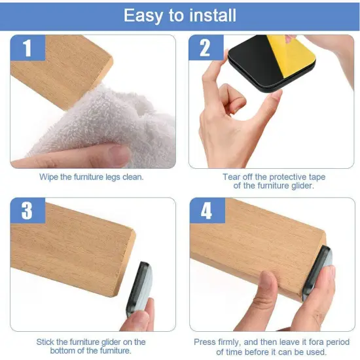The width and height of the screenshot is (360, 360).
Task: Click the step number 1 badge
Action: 27,48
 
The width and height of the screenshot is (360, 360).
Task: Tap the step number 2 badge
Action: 206,48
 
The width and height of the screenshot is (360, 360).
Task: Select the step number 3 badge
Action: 27,211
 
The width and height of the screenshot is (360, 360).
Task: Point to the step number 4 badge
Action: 206,211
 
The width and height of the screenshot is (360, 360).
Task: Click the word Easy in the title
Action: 143,16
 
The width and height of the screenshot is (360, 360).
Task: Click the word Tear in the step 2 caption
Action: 232,177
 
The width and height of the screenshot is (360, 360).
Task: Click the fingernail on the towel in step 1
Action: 118,156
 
